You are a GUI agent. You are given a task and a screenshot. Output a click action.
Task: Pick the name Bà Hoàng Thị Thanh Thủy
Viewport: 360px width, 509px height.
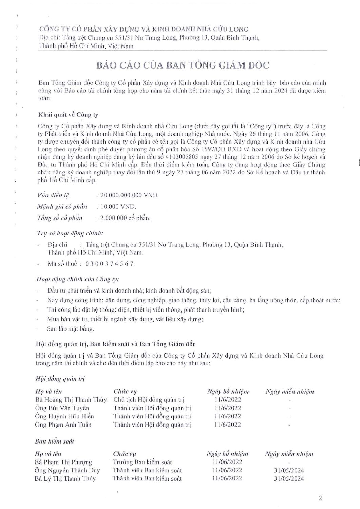[x=71, y=400]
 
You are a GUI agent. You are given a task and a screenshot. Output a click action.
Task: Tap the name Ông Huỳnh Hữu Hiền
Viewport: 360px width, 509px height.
[x=64, y=416]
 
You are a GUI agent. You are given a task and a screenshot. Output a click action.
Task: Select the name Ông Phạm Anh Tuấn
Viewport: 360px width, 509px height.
[x=63, y=425]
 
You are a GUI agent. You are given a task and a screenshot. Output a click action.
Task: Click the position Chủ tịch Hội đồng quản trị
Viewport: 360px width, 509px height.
[x=149, y=400]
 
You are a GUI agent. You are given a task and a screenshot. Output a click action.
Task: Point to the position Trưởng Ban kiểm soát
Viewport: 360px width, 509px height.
[x=143, y=462]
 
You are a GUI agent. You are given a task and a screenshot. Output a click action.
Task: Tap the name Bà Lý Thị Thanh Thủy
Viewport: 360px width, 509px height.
[x=65, y=479]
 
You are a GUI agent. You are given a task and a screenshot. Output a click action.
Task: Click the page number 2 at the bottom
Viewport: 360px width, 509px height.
[x=320, y=498]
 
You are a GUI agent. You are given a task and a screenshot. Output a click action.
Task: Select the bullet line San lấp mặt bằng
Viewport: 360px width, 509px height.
[x=71, y=329]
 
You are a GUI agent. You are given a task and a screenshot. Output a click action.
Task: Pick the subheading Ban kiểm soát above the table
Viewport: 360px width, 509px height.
[x=54, y=441]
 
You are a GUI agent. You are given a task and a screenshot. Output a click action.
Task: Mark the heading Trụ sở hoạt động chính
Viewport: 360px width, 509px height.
[x=70, y=233]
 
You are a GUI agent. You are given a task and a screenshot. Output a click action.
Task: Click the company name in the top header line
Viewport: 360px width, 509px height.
[x=144, y=29]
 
